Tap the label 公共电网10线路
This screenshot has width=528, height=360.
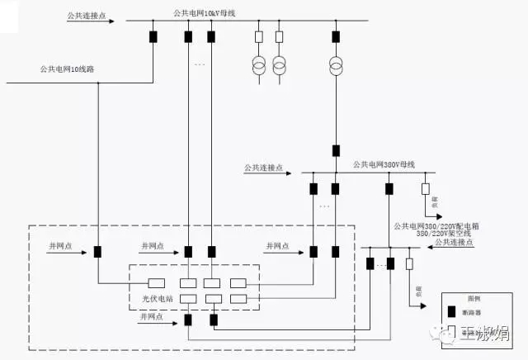[66, 69]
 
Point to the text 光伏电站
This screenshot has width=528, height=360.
[149, 297]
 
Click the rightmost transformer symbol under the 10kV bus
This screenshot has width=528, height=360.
[335, 64]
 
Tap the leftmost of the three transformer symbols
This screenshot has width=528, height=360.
[258, 64]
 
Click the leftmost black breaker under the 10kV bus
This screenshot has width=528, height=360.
[153, 36]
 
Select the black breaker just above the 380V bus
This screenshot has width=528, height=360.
[336, 150]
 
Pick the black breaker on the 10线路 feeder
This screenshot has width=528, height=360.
[97, 252]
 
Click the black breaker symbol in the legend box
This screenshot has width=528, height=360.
[451, 311]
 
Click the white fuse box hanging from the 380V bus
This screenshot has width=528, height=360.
[426, 188]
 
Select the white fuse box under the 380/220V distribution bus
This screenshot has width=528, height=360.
[409, 264]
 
